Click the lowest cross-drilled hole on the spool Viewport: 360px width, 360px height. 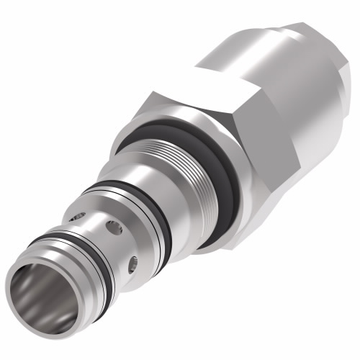132,266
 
